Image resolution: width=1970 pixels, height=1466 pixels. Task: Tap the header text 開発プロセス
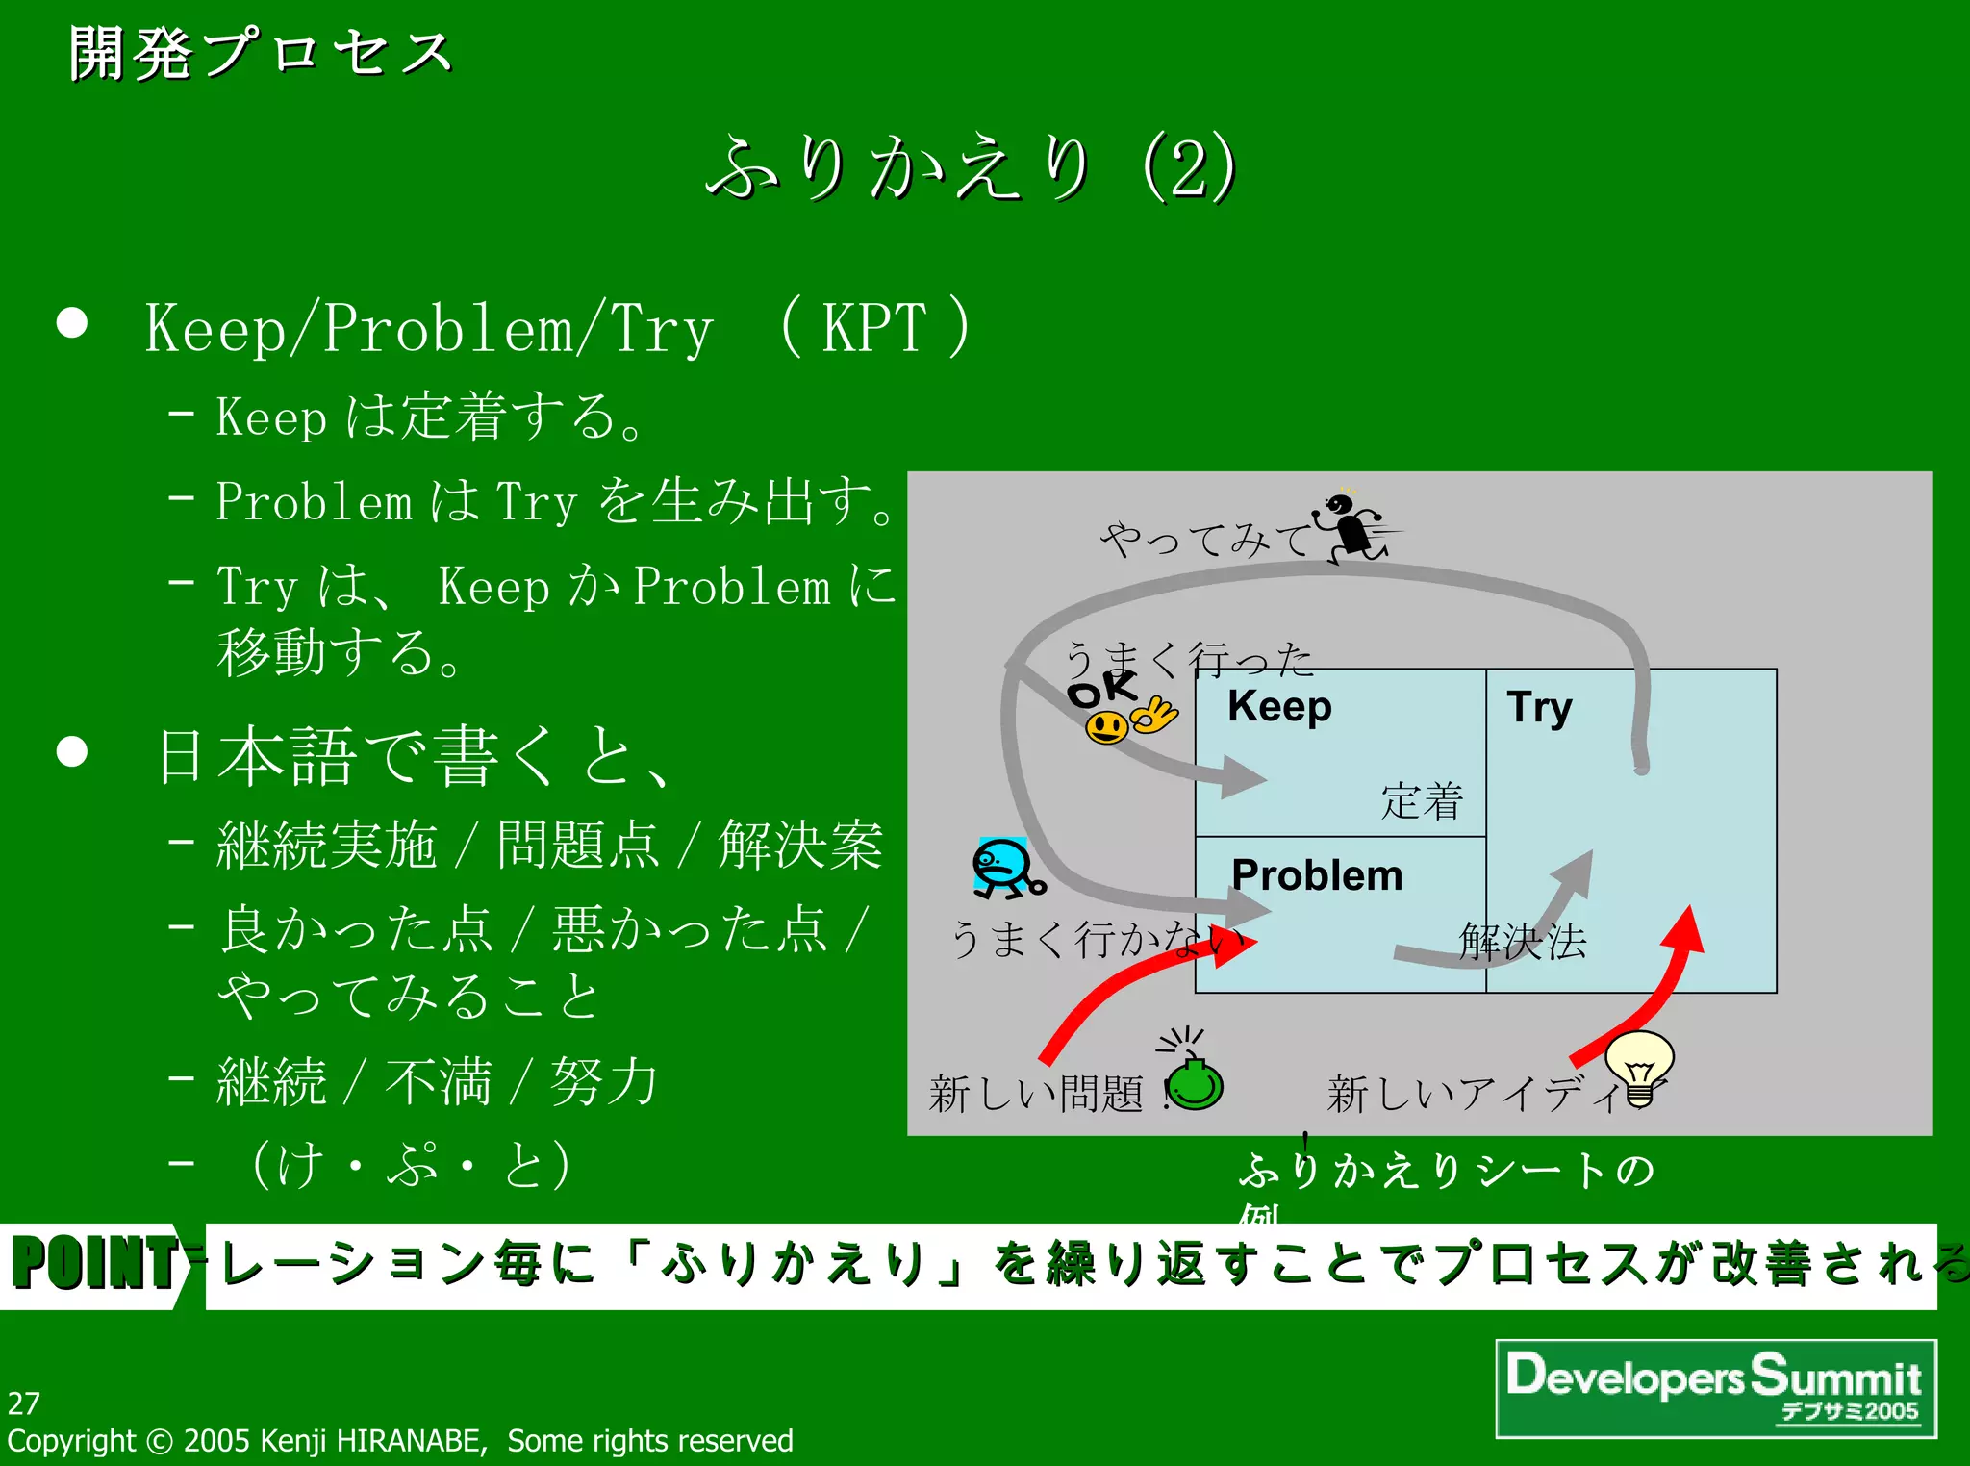tap(260, 54)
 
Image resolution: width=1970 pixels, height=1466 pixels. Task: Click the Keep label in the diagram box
tap(1279, 707)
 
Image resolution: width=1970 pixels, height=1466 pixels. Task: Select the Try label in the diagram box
tap(1539, 708)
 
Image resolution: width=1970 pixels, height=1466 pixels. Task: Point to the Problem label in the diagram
tap(1317, 876)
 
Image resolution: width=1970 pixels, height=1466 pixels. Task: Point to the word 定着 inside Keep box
tap(1422, 801)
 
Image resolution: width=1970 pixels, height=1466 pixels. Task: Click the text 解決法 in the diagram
tap(1522, 941)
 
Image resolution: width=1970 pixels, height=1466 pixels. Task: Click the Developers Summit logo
tap(1715, 1387)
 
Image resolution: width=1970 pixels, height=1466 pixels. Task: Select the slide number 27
tap(24, 1403)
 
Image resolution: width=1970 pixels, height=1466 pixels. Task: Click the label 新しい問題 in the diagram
tap(1035, 1094)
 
